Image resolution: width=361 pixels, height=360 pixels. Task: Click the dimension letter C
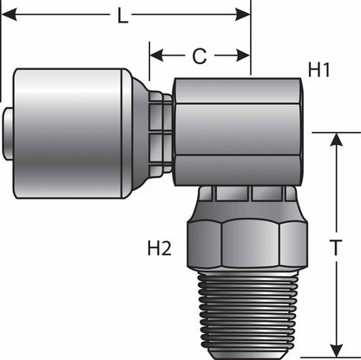(x=199, y=56)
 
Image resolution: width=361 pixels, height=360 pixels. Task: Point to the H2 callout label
(x=157, y=249)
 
